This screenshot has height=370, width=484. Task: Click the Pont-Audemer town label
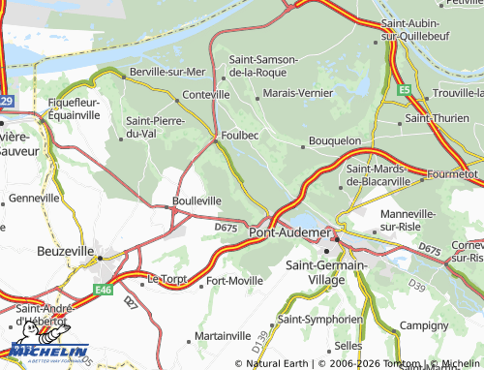coord(288,232)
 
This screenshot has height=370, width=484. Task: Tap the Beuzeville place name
coord(65,250)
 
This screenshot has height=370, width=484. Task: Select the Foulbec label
coord(239,137)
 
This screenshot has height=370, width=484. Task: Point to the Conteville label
coord(205,95)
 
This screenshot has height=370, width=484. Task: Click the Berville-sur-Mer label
coord(167,72)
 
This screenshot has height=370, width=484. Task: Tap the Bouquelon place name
coord(334,141)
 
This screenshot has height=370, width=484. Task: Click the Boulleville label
coord(197,200)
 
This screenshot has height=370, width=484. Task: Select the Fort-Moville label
coord(234,282)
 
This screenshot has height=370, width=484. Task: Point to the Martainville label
coord(224,335)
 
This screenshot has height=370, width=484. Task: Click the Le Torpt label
coord(166,278)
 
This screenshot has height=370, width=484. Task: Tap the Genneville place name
coord(34,198)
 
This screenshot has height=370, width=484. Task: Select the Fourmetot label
coord(453,174)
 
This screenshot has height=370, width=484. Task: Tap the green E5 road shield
coord(403,90)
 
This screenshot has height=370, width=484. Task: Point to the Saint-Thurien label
coord(438,118)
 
